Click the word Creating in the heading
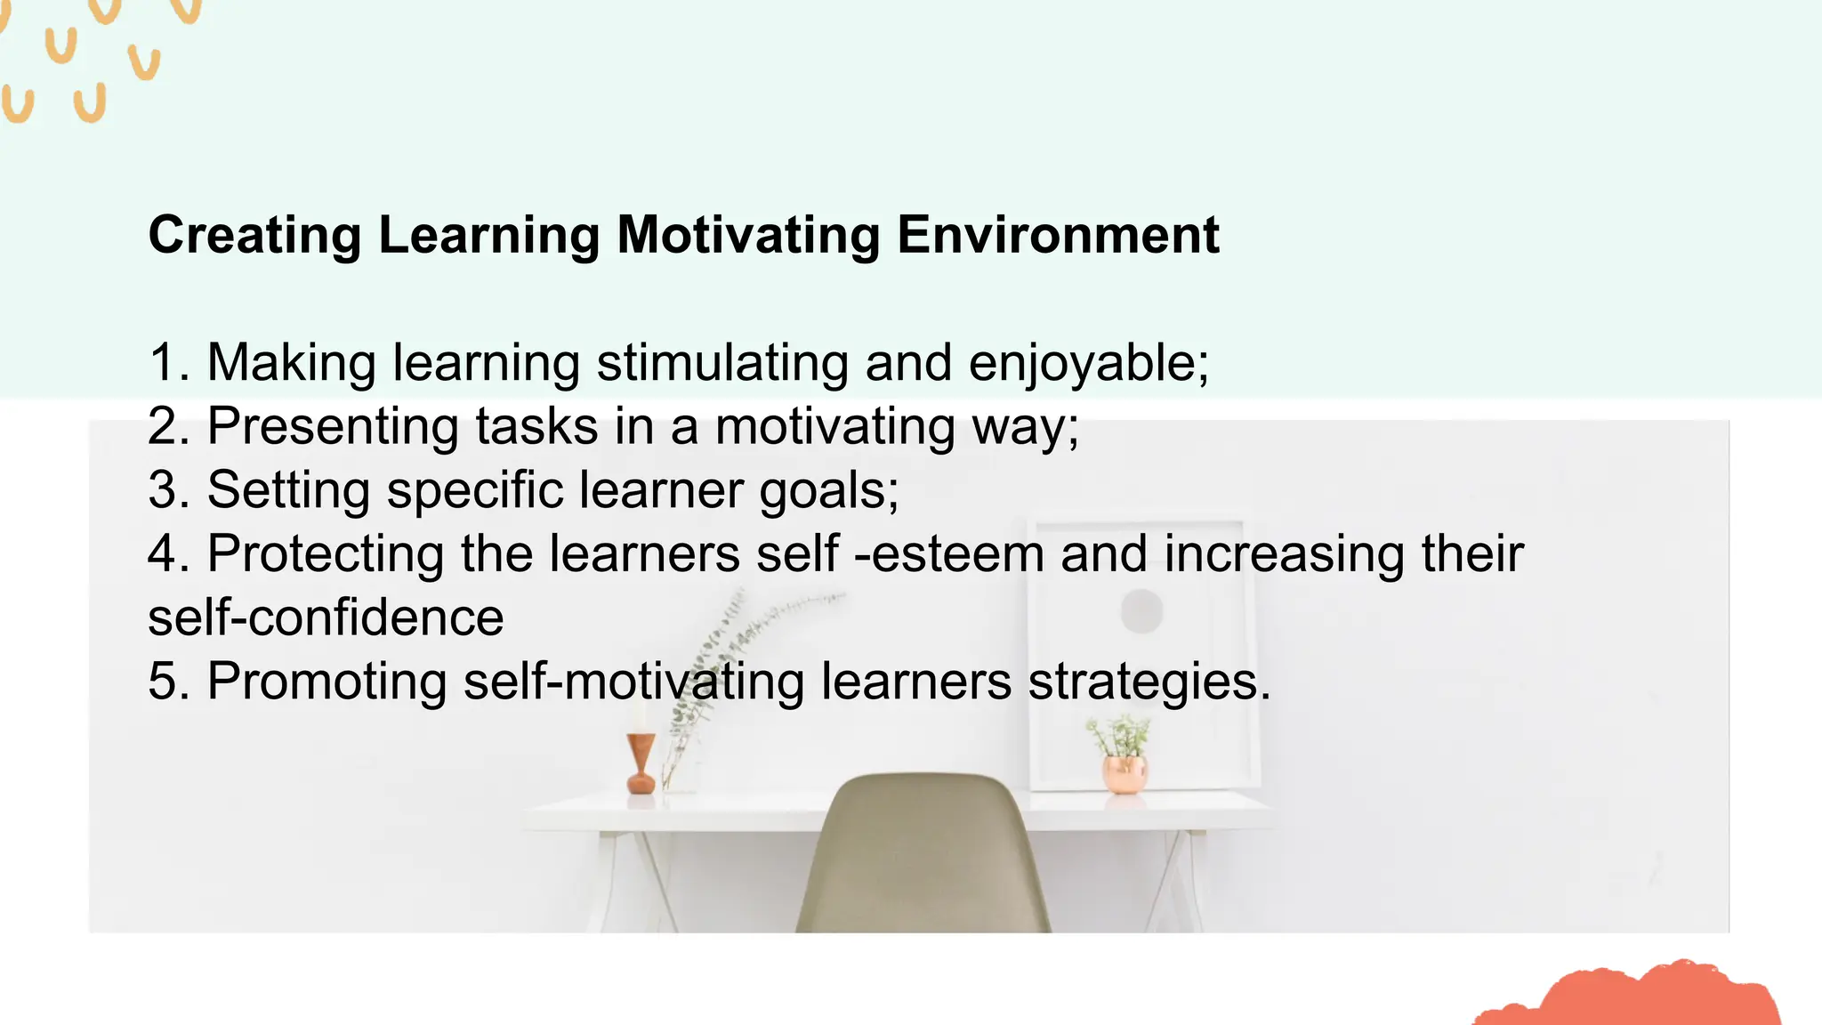point(254,235)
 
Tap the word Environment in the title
point(1058,235)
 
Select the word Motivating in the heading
point(748,235)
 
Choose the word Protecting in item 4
point(326,553)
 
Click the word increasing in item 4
point(1285,553)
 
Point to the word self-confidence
point(326,617)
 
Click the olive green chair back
point(923,854)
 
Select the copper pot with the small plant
point(1124,772)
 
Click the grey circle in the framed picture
point(1141,611)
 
